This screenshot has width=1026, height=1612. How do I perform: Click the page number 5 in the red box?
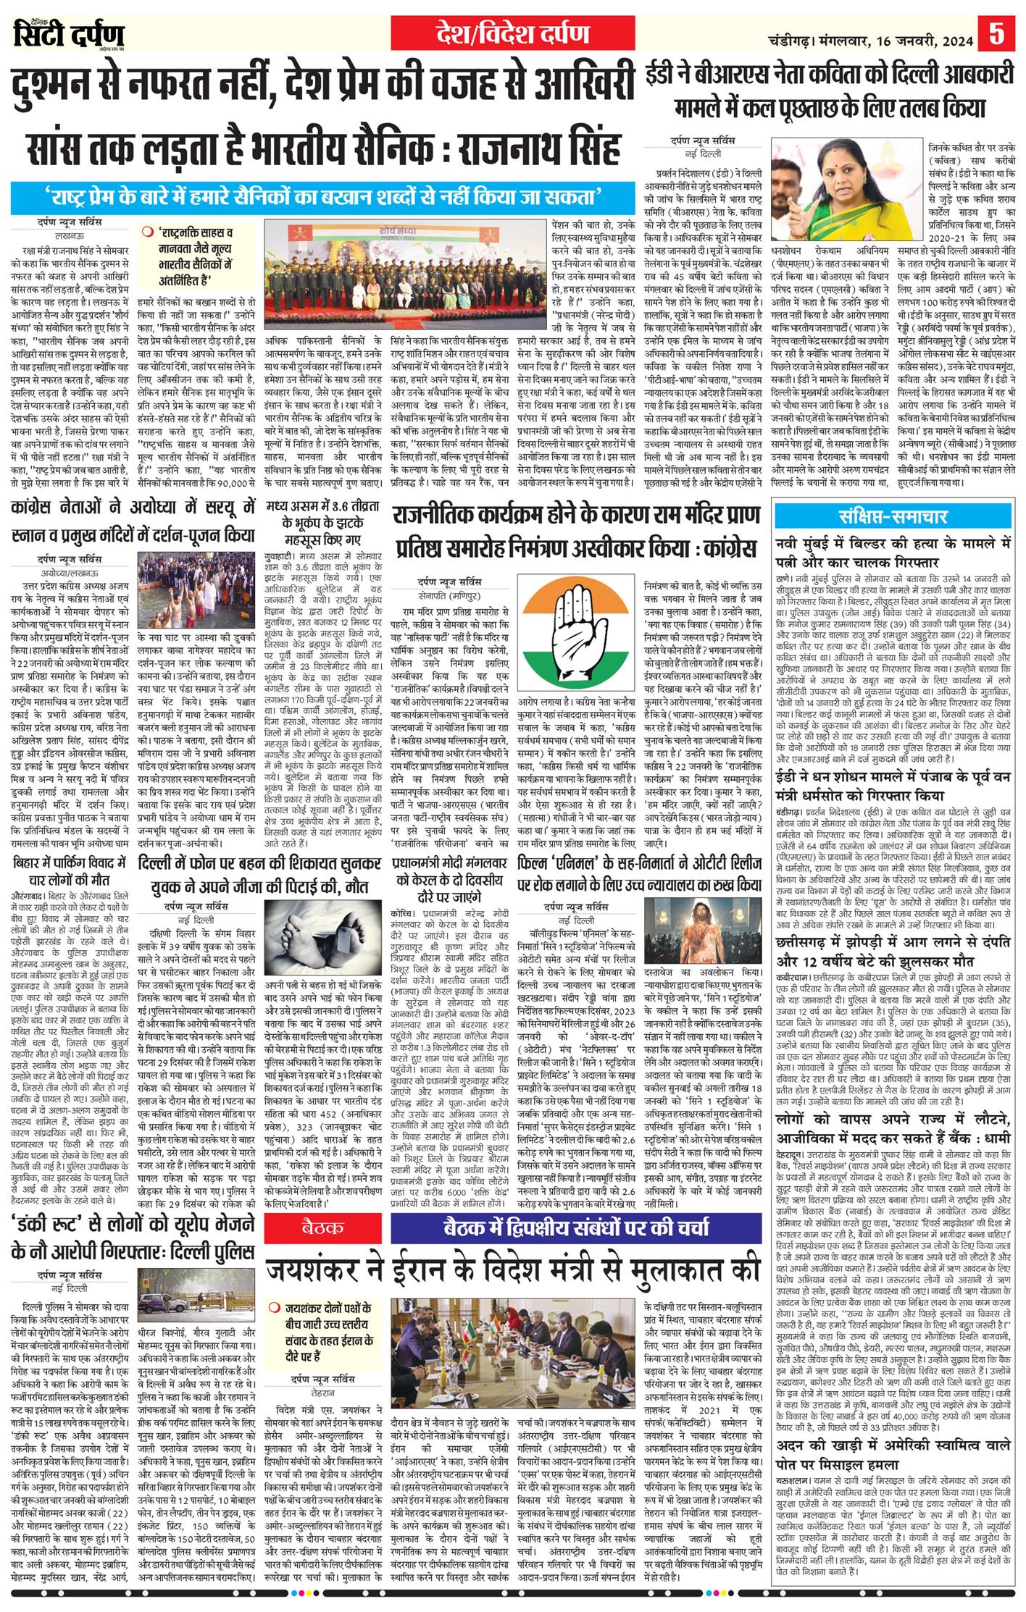click(997, 34)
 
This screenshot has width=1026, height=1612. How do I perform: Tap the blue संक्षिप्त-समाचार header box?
click(893, 516)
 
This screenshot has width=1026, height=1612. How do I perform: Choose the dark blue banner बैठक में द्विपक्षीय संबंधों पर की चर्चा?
click(576, 1227)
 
